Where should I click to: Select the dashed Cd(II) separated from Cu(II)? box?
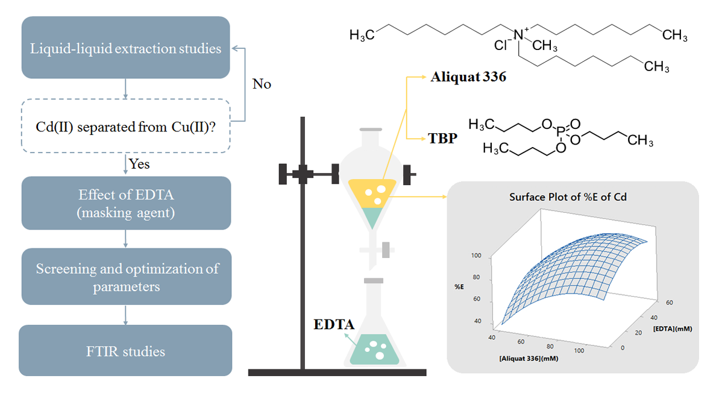[x=126, y=126]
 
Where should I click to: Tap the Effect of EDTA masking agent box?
[x=126, y=203]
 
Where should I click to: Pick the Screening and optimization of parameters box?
[x=126, y=277]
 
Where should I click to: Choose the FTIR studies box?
[x=125, y=351]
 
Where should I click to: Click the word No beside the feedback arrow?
[x=262, y=84]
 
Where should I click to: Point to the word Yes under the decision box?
[x=139, y=163]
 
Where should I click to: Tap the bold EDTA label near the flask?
[x=334, y=324]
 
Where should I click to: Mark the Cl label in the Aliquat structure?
[x=500, y=44]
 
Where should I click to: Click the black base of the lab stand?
[x=337, y=373]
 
